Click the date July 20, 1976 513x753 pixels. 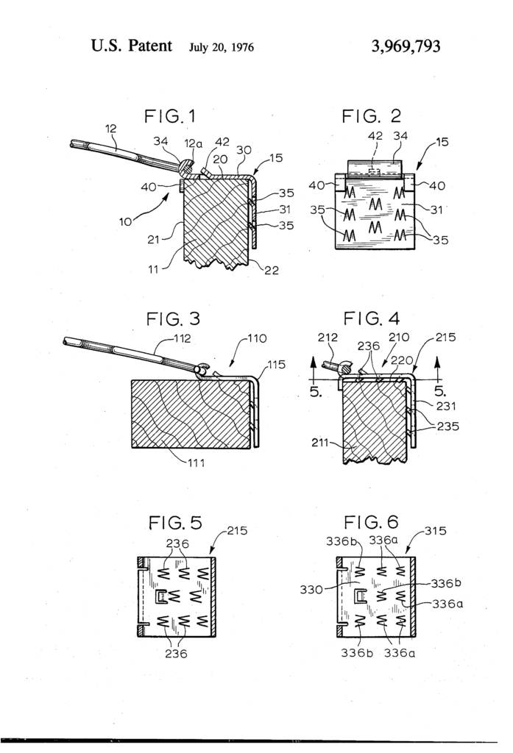(221, 49)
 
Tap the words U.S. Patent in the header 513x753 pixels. (132, 47)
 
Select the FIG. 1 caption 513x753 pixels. (171, 116)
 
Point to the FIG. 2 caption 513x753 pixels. (371, 116)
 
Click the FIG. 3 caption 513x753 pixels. (174, 321)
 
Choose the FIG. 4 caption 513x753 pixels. (372, 321)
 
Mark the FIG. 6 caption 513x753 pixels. (372, 523)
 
